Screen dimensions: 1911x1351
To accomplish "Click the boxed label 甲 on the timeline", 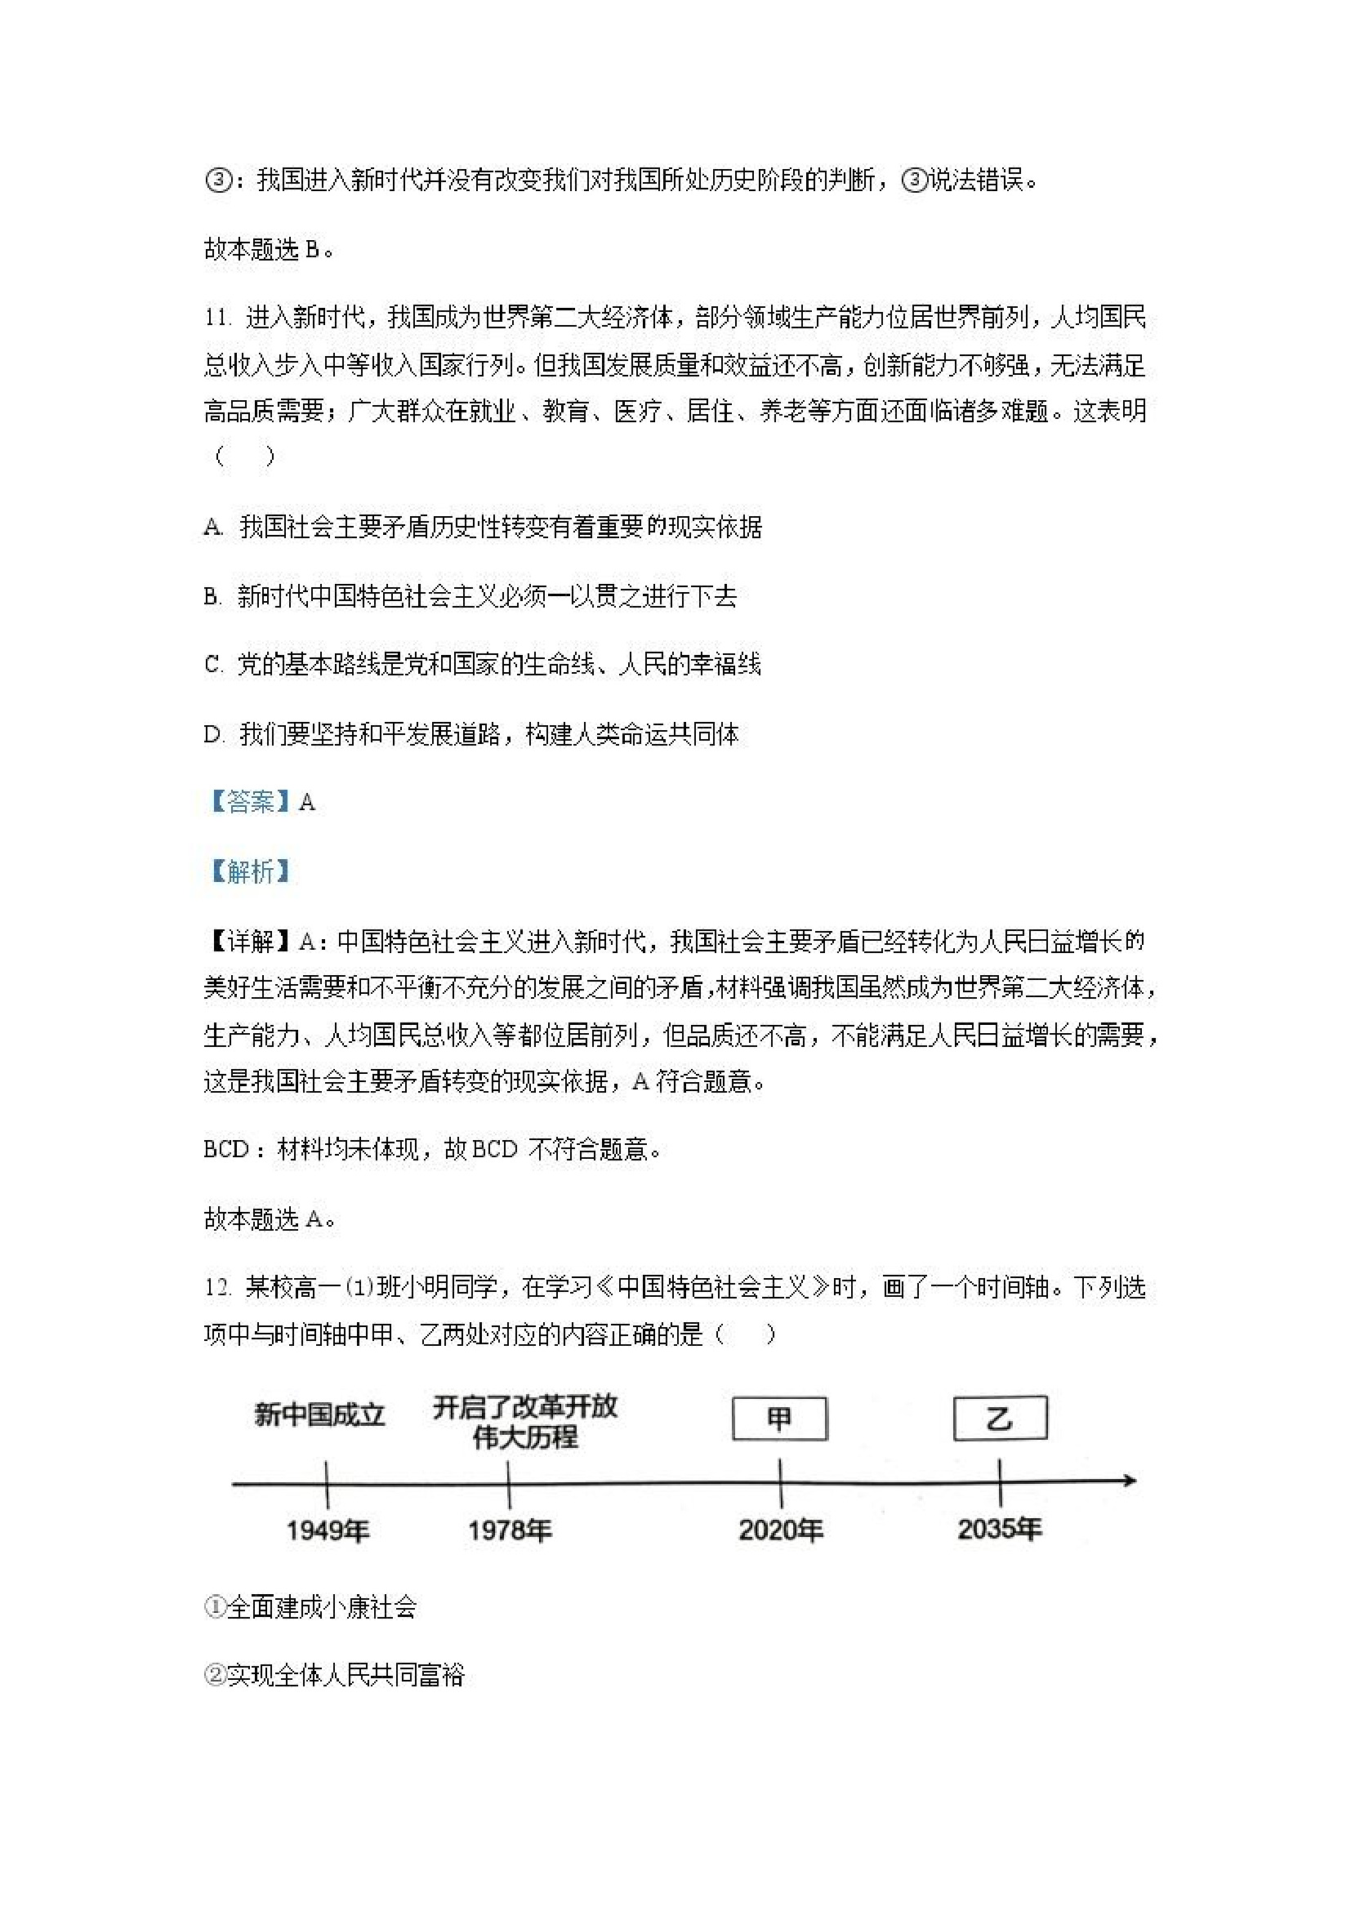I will tap(779, 1419).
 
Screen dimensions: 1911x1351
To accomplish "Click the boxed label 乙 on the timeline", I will tap(1000, 1418).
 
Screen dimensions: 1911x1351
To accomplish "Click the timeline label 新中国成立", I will tap(319, 1415).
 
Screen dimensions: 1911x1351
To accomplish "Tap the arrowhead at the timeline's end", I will tap(1129, 1481).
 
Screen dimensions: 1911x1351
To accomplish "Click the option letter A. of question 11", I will tap(213, 527).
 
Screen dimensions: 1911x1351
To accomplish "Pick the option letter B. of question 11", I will tap(212, 597).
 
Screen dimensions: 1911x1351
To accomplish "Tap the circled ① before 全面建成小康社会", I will tap(214, 1607).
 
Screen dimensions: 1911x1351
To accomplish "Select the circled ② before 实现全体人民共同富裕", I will tap(214, 1677).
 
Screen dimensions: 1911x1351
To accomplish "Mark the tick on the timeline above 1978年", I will tap(509, 1481).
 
